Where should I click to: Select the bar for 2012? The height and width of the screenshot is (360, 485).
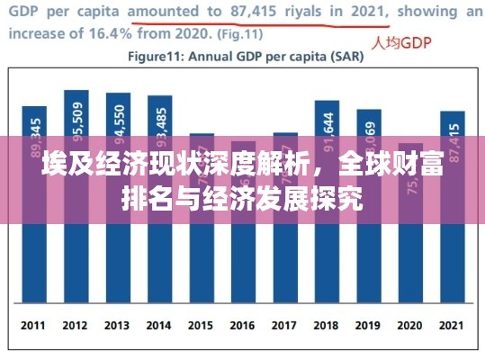(x=76, y=252)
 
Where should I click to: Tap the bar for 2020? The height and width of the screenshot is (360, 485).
(x=410, y=261)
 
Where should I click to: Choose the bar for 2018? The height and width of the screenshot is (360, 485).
(x=327, y=252)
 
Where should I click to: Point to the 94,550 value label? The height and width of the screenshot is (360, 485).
(x=118, y=117)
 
